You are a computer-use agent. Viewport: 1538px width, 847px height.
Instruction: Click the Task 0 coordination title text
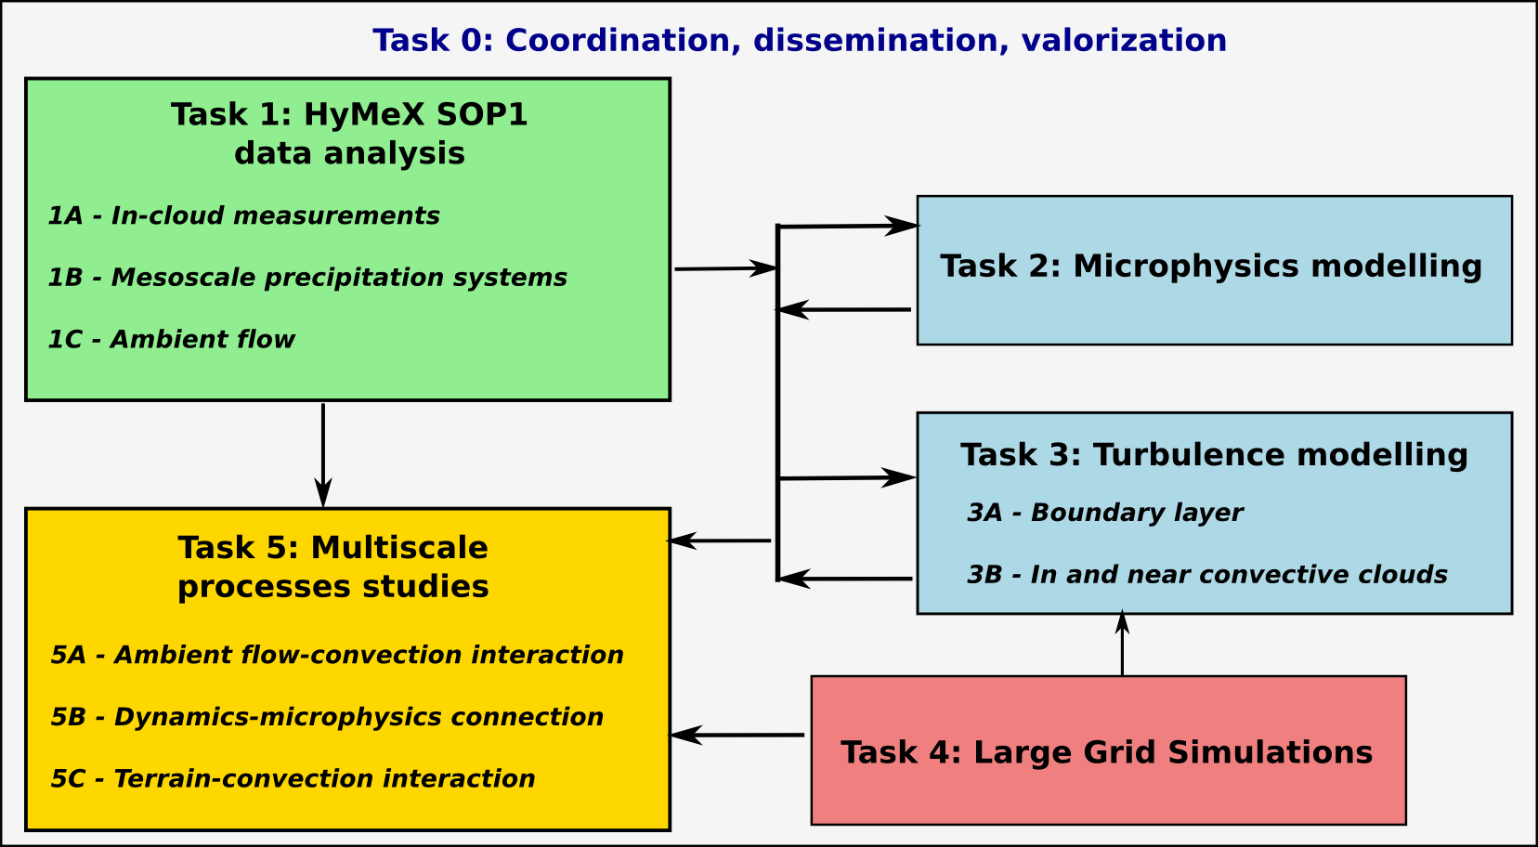(799, 41)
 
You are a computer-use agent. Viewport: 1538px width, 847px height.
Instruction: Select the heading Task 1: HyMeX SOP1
(349, 115)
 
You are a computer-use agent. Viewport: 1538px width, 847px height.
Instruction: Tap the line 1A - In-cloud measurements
(243, 216)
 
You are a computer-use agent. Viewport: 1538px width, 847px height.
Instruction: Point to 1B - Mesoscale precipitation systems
(307, 278)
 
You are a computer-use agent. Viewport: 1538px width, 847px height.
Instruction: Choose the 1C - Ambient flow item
(171, 340)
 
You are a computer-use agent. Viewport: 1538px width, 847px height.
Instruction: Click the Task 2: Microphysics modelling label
(1211, 267)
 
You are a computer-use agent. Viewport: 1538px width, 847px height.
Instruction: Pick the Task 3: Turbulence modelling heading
(1214, 455)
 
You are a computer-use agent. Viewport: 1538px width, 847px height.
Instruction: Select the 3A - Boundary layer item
(1104, 514)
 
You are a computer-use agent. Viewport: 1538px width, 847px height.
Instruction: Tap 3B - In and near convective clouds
(1207, 575)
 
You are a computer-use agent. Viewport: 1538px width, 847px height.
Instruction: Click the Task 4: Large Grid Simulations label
(1106, 752)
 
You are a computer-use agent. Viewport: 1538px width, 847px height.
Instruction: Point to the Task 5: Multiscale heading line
(332, 548)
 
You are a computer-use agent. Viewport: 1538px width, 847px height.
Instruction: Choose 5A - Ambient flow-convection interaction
(337, 656)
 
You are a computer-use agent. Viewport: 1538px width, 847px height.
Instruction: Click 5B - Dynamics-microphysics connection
(327, 718)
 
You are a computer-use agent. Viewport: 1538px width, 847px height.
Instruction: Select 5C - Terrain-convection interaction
(293, 779)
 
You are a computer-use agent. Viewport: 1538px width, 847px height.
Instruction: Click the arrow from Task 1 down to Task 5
(323, 455)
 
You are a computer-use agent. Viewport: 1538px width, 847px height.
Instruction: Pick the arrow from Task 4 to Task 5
(737, 736)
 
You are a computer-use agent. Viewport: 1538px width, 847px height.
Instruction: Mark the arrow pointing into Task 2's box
(847, 226)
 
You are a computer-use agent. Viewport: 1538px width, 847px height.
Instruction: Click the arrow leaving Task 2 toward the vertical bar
(843, 309)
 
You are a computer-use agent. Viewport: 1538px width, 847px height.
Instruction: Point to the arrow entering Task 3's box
(847, 478)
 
